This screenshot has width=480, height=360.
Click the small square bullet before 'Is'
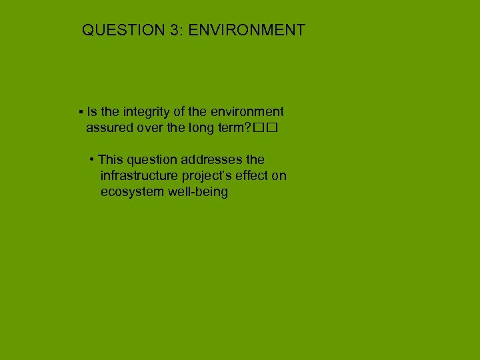(x=80, y=112)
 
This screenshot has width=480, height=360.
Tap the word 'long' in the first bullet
(x=198, y=128)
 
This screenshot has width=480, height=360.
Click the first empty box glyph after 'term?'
(x=257, y=129)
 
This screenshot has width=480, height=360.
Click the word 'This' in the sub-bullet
(x=110, y=160)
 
